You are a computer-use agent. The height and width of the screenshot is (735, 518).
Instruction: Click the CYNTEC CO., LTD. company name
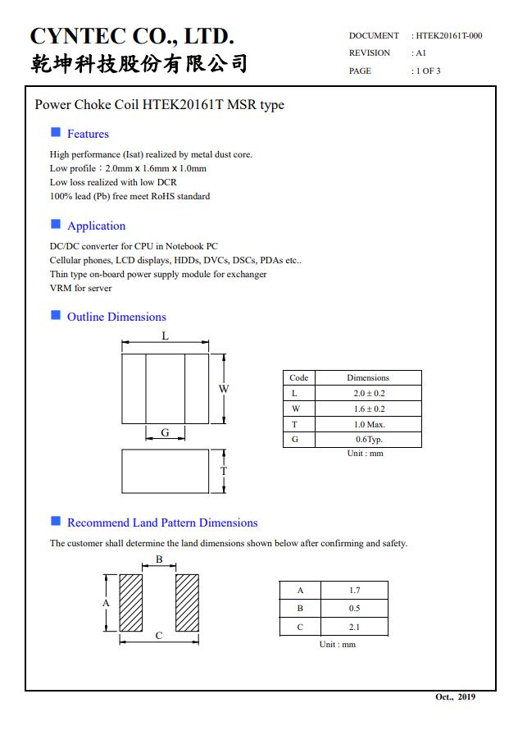pyautogui.click(x=132, y=36)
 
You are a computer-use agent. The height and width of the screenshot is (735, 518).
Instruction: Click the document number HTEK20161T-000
pyautogui.click(x=448, y=35)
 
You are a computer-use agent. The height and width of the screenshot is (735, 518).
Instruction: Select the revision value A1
pyautogui.click(x=421, y=52)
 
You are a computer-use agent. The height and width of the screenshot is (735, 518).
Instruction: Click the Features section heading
pyautogui.click(x=88, y=134)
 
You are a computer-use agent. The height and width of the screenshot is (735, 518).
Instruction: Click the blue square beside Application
pyautogui.click(x=56, y=224)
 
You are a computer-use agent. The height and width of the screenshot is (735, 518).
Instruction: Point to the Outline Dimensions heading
pyautogui.click(x=116, y=317)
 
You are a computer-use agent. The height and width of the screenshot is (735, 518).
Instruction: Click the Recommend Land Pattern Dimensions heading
pyautogui.click(x=162, y=523)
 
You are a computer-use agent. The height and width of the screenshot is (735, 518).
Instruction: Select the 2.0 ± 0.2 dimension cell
pyautogui.click(x=369, y=394)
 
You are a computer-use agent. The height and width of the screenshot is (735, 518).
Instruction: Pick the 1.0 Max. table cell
pyautogui.click(x=369, y=424)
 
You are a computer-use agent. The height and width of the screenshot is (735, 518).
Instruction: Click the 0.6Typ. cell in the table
pyautogui.click(x=369, y=440)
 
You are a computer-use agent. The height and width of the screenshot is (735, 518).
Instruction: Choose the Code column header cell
pyautogui.click(x=299, y=378)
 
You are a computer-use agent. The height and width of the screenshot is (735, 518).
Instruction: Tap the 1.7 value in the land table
pyautogui.click(x=354, y=591)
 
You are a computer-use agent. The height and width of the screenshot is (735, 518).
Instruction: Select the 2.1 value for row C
pyautogui.click(x=354, y=628)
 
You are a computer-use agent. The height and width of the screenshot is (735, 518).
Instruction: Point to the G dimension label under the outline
pyautogui.click(x=165, y=432)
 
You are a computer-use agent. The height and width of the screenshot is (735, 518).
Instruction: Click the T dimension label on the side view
pyautogui.click(x=223, y=472)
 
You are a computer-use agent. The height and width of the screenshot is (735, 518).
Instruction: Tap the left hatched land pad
pyautogui.click(x=131, y=602)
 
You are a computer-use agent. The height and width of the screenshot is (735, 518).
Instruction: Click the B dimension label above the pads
pyautogui.click(x=159, y=559)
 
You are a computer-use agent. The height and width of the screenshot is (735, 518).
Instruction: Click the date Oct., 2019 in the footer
pyautogui.click(x=455, y=697)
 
